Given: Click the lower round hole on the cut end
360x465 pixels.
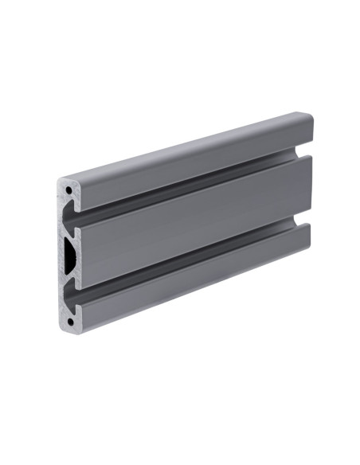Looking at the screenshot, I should click(71, 322).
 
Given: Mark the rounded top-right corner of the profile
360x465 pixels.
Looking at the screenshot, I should click(309, 119).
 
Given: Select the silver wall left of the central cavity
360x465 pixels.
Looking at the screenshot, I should click(61, 255).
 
